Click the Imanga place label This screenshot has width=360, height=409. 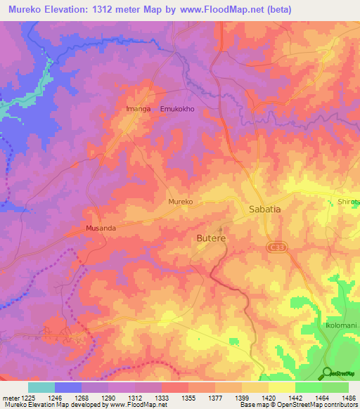click(x=138, y=109)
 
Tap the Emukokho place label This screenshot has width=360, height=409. click(x=179, y=109)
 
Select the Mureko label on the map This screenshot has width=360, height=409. click(x=181, y=202)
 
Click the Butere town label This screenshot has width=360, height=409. click(x=211, y=238)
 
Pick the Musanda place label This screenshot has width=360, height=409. click(x=100, y=228)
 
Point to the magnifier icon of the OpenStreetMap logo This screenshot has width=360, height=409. click(x=327, y=372)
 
